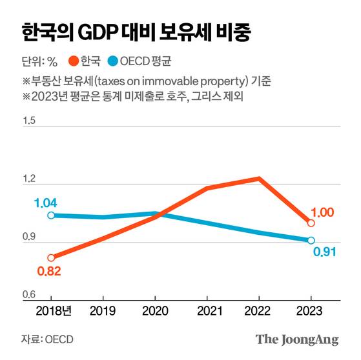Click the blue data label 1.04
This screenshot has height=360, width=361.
(x=46, y=203)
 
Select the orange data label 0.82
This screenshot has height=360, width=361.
(x=48, y=271)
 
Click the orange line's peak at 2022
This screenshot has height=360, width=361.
(x=259, y=178)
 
